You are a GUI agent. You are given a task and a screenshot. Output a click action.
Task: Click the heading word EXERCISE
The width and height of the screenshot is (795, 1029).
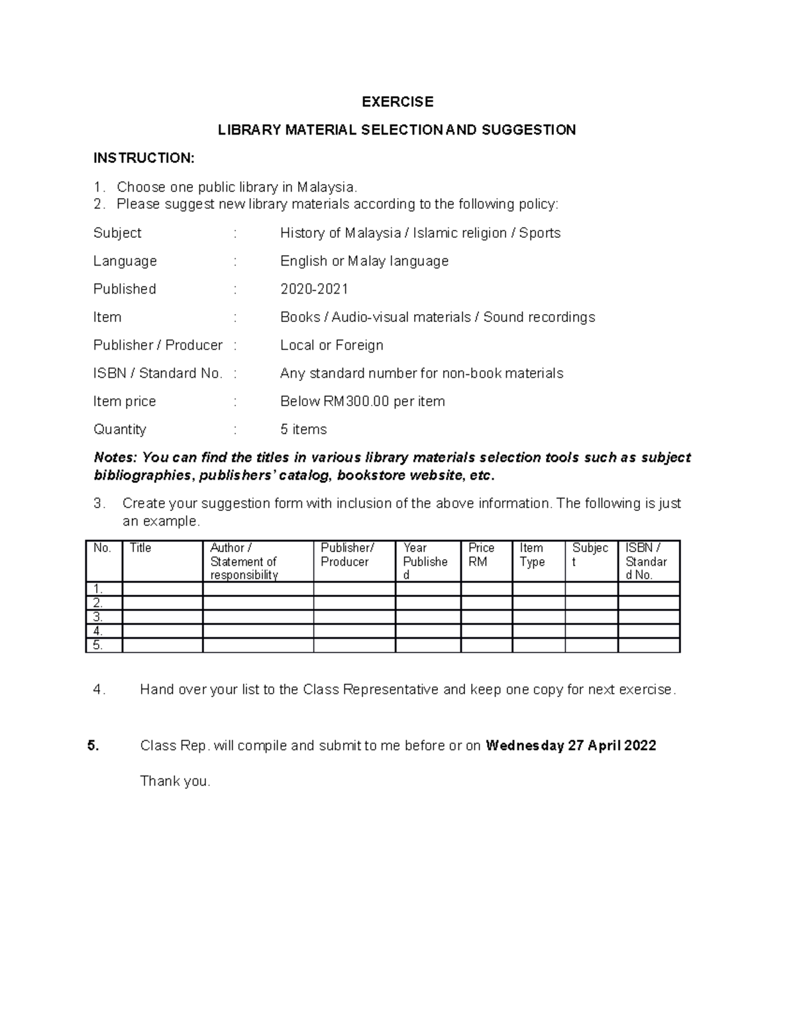[x=397, y=101]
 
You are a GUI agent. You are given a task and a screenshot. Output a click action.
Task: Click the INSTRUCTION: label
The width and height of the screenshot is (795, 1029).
[x=144, y=158]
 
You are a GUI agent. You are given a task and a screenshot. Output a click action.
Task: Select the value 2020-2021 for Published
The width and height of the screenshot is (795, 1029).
[x=314, y=289]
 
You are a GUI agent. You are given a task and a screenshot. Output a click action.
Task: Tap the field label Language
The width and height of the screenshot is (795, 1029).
[x=125, y=261]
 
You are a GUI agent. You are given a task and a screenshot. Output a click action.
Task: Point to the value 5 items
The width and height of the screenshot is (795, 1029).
[x=303, y=429]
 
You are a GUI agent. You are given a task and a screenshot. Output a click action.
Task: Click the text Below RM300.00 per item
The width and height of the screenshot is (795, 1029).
[x=362, y=402]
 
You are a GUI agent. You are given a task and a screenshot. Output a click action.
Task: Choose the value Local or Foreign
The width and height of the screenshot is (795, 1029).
[x=331, y=345]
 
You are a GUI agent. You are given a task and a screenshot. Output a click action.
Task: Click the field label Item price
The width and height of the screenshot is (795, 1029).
[x=125, y=402]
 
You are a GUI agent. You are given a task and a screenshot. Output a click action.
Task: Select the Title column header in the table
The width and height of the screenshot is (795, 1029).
[x=140, y=548]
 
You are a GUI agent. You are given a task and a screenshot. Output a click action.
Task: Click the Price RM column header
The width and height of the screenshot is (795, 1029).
[x=481, y=555]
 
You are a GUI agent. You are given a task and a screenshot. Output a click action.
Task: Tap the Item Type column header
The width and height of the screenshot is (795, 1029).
[x=532, y=555]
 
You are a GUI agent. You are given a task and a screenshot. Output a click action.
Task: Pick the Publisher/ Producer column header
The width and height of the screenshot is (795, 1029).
[x=347, y=555]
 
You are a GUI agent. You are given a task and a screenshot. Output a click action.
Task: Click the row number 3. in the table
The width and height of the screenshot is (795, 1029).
[x=98, y=617]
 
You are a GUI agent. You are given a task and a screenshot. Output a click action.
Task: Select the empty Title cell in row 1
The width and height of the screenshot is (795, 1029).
[x=162, y=589]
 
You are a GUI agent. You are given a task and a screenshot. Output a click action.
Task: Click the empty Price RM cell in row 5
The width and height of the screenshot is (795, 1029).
[x=486, y=645]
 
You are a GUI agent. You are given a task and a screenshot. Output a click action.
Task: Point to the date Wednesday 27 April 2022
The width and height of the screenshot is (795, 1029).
[x=570, y=745]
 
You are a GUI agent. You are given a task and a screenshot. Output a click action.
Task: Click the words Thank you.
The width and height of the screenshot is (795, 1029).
[x=175, y=781]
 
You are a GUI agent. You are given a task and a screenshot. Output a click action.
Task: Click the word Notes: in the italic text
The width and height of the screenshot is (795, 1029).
[x=116, y=457]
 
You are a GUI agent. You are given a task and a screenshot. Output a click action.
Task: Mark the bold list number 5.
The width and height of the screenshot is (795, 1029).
[x=93, y=745]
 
